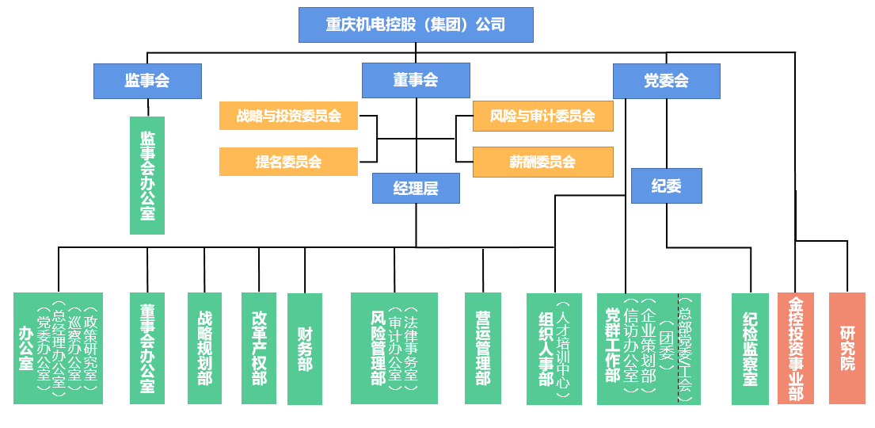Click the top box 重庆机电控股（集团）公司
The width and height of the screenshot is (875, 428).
tap(416, 25)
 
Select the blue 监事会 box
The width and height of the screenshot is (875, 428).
tap(147, 81)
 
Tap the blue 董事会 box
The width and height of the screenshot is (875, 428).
tap(416, 81)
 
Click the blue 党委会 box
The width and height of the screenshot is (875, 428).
tap(666, 81)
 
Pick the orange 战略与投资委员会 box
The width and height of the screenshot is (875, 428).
tap(288, 116)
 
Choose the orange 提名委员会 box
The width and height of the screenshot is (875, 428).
tap(288, 162)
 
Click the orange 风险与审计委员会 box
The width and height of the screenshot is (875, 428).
tap(542, 116)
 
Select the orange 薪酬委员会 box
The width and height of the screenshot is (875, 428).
tap(542, 162)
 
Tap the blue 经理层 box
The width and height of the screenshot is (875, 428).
tap(416, 188)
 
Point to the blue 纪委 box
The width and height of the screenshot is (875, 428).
tap(666, 186)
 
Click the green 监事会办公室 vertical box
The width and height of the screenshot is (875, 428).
tap(147, 175)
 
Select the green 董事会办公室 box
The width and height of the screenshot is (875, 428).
tap(147, 348)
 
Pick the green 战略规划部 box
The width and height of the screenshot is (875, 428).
tap(204, 348)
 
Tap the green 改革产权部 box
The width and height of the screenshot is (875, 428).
tap(259, 348)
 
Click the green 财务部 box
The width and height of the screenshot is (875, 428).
tap(305, 349)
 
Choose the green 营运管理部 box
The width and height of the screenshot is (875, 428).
tap(482, 348)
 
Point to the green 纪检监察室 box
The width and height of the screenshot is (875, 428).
tap(750, 349)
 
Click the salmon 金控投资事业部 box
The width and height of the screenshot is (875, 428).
tap(795, 348)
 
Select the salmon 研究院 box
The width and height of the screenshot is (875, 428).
tap(847, 348)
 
